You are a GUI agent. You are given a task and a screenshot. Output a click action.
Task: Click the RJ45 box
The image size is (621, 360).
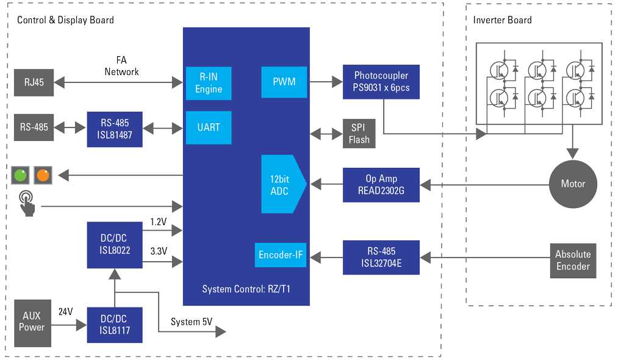pyautogui.click(x=34, y=83)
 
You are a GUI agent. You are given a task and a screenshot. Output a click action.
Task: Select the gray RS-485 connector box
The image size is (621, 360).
pyautogui.click(x=34, y=128)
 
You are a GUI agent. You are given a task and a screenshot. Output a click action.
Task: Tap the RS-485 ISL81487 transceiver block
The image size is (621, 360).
pyautogui.click(x=115, y=129)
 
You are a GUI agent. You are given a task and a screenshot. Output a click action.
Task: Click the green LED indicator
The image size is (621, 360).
pyautogui.click(x=21, y=176)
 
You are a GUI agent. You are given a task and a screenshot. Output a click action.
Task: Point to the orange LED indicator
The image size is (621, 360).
pyautogui.click(x=43, y=176)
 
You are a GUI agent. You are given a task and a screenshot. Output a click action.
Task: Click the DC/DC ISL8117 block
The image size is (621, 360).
pyautogui.click(x=115, y=325)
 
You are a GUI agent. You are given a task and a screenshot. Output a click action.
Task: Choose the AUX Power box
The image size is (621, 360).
pyautogui.click(x=32, y=321)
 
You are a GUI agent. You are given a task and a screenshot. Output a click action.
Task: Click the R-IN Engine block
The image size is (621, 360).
pyautogui.click(x=209, y=83)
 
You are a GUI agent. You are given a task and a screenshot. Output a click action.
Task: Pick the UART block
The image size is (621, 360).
pyautogui.click(x=209, y=128)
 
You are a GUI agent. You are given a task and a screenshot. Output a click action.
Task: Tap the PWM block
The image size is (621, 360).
pyautogui.click(x=284, y=82)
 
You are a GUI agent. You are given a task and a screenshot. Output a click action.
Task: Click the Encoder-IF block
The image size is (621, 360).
pyautogui.click(x=281, y=255)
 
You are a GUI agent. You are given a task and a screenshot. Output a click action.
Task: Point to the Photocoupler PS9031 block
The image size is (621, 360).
pyautogui.click(x=381, y=82)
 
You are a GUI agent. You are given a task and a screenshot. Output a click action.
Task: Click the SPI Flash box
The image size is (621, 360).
pyautogui.click(x=359, y=134)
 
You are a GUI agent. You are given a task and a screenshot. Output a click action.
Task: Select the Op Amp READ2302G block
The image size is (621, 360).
pyautogui.click(x=381, y=184)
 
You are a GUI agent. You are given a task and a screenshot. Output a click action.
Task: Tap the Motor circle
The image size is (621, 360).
pyautogui.click(x=572, y=184)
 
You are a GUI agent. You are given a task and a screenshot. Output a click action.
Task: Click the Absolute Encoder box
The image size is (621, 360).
pyautogui.click(x=572, y=261)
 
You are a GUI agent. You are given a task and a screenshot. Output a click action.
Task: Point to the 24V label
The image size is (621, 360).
pyautogui.click(x=65, y=312)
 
